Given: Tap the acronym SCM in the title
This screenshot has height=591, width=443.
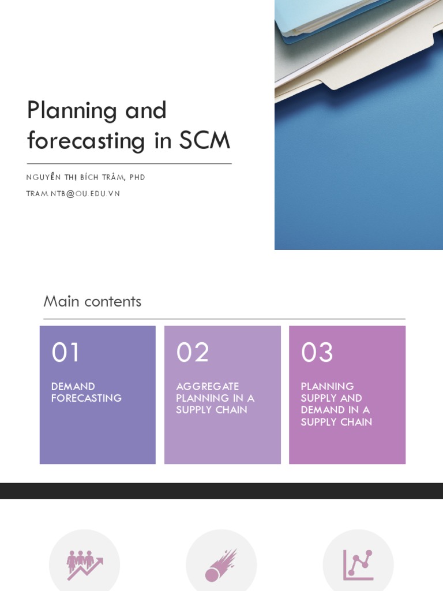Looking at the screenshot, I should pyautogui.click(x=205, y=140).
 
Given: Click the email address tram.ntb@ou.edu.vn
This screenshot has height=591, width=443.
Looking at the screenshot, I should pyautogui.click(x=73, y=194).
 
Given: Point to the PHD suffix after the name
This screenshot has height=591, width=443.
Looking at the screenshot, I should pyautogui.click(x=137, y=177).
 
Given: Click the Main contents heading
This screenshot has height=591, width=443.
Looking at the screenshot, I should pyautogui.click(x=92, y=301).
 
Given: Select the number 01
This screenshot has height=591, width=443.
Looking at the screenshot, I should pyautogui.click(x=65, y=353).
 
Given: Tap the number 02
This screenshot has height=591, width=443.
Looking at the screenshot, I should pyautogui.click(x=192, y=353).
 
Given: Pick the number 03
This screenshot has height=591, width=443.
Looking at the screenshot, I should pyautogui.click(x=317, y=353).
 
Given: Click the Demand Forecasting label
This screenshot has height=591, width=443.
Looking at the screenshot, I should pyautogui.click(x=86, y=392).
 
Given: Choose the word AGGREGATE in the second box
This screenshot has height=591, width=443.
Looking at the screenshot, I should pyautogui.click(x=207, y=387).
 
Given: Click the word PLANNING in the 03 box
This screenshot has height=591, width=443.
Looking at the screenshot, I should pyautogui.click(x=327, y=387).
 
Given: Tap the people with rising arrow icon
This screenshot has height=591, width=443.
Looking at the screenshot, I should pyautogui.click(x=84, y=564).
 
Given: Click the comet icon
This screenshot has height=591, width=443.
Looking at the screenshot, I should pyautogui.click(x=221, y=565).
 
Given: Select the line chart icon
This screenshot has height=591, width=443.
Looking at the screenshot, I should pyautogui.click(x=358, y=565).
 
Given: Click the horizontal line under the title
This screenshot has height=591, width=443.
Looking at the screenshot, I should pyautogui.click(x=129, y=164).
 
